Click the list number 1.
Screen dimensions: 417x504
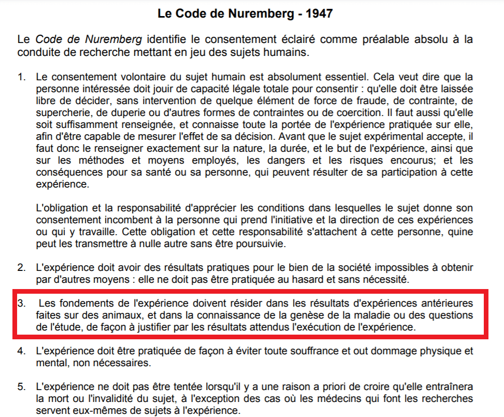click(x=21, y=77)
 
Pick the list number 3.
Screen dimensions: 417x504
click(x=21, y=303)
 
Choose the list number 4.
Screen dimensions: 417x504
click(x=21, y=351)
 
